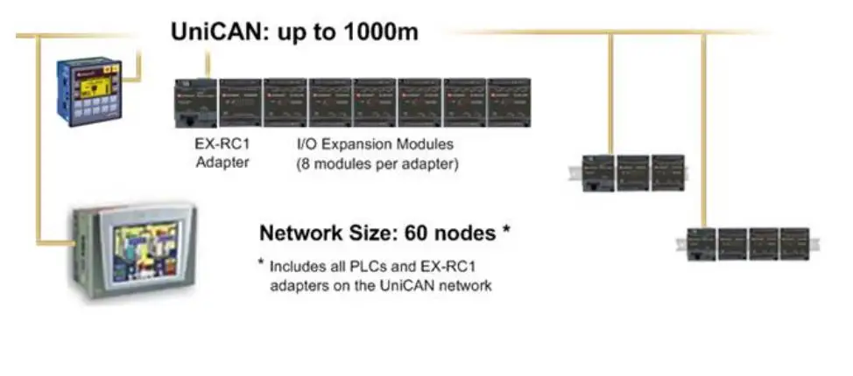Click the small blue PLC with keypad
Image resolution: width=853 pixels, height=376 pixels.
coord(86,91)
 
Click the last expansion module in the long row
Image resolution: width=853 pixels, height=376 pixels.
coord(510,104)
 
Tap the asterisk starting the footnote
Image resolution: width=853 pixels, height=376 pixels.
coord(261,264)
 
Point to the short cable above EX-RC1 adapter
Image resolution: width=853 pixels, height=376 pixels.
coord(208,64)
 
